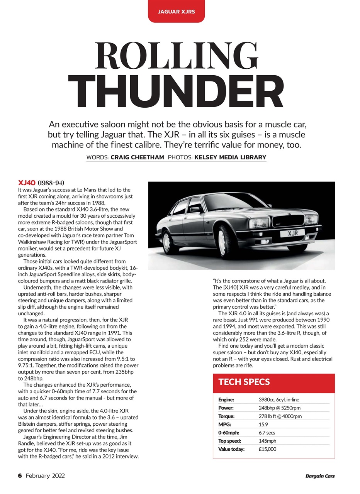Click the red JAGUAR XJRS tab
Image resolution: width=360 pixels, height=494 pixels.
coord(176,12)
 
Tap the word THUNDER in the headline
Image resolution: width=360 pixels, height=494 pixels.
coord(176,91)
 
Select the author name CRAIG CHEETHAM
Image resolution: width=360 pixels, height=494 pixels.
coord(137,157)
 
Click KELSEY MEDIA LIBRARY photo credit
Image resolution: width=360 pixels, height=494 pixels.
coord(230,157)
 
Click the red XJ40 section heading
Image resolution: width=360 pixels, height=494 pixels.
coord(27,183)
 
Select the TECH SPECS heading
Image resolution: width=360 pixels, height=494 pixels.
coord(244,382)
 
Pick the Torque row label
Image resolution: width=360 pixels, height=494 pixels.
coord(226,416)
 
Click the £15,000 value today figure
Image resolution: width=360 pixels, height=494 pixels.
coord(267,449)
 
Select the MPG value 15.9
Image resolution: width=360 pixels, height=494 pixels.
coord(263,425)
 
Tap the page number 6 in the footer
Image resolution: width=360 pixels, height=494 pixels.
coord(20,476)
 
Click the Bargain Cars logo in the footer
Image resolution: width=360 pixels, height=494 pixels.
coord(320,476)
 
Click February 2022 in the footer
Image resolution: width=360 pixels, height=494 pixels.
coord(45,476)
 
